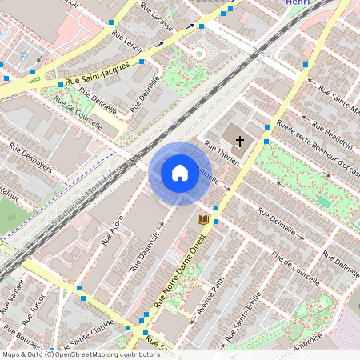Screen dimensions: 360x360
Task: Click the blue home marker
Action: click(180, 172)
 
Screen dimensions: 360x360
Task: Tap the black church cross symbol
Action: click(240, 142)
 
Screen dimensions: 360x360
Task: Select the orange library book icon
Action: click(203, 218)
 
